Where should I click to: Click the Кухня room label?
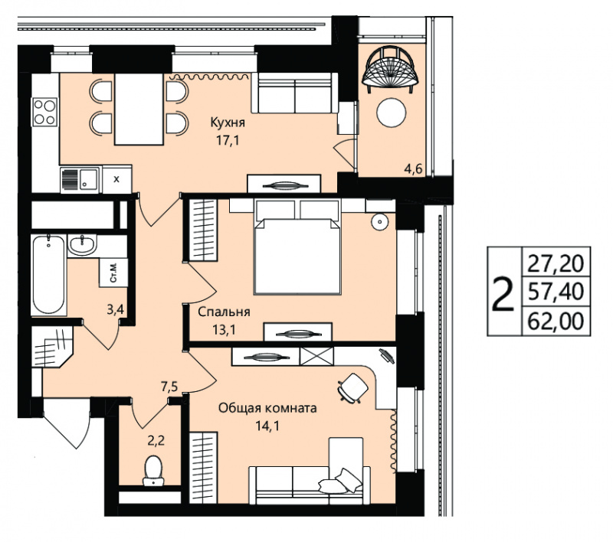click(228, 122)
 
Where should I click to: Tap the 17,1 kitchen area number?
click(228, 140)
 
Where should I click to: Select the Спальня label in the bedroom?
click(224, 312)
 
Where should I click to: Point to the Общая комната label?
click(267, 409)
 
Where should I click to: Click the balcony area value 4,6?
click(414, 169)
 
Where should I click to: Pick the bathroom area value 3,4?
click(116, 310)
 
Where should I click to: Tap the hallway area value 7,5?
click(169, 387)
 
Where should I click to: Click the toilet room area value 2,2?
click(156, 441)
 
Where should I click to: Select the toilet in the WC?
click(154, 471)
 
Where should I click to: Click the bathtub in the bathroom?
click(48, 274)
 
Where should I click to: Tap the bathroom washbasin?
click(82, 244)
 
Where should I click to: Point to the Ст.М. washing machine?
click(113, 273)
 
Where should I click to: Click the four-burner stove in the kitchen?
click(45, 112)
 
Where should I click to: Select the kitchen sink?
click(80, 179)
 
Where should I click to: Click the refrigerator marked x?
click(116, 179)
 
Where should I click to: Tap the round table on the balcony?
click(392, 112)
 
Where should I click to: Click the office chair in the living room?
click(353, 387)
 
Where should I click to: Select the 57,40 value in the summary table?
click(556, 292)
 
